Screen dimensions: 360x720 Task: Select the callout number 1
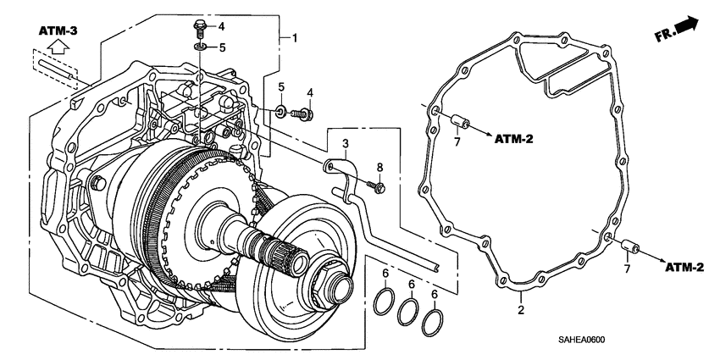click(294, 38)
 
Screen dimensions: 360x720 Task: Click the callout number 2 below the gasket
click(521, 310)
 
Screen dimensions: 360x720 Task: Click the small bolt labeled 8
click(376, 185)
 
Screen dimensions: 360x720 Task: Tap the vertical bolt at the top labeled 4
click(200, 28)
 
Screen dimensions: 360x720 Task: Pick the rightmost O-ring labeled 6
click(433, 320)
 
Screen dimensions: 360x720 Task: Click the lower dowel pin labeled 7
click(628, 247)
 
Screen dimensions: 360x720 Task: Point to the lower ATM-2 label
click(684, 268)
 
